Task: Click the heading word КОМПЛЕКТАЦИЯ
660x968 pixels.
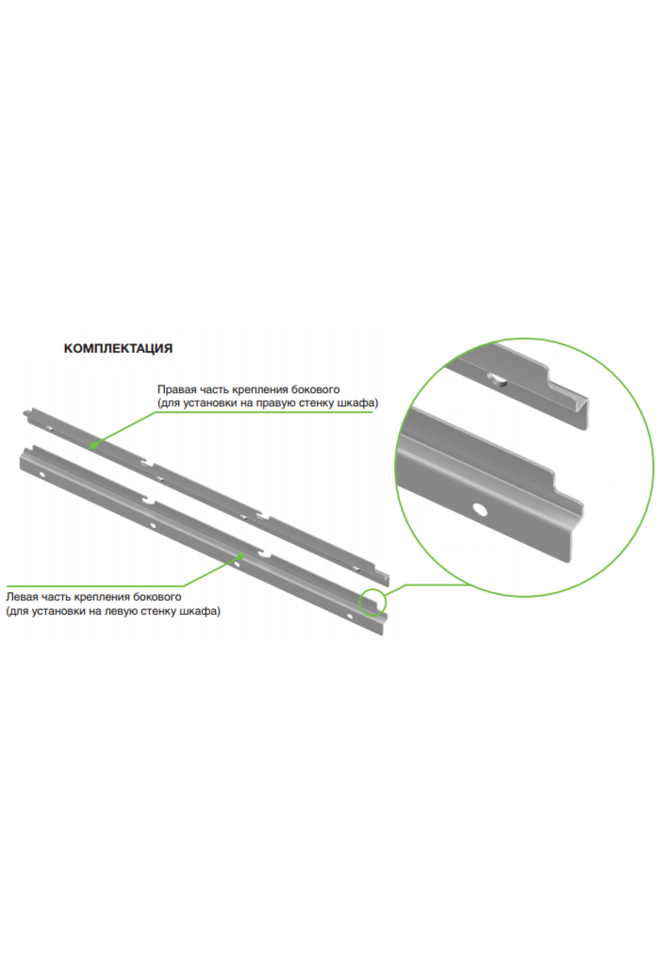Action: [118, 348]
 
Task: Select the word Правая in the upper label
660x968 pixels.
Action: [177, 389]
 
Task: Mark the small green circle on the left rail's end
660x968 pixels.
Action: [373, 602]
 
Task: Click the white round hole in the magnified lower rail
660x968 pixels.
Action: [480, 509]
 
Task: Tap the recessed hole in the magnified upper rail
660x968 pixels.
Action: [498, 380]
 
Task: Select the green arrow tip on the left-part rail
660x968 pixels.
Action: [240, 555]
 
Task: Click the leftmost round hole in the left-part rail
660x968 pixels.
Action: [41, 475]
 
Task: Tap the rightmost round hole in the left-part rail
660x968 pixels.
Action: [349, 615]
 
